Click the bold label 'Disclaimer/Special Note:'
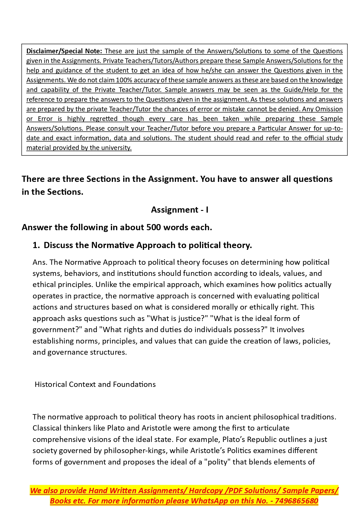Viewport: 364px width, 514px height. click(64, 51)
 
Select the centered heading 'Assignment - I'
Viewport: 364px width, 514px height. click(180, 210)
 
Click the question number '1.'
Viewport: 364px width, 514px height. click(36, 245)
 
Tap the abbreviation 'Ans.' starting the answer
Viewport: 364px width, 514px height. click(40, 262)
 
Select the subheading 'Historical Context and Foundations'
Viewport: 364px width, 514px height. click(95, 384)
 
